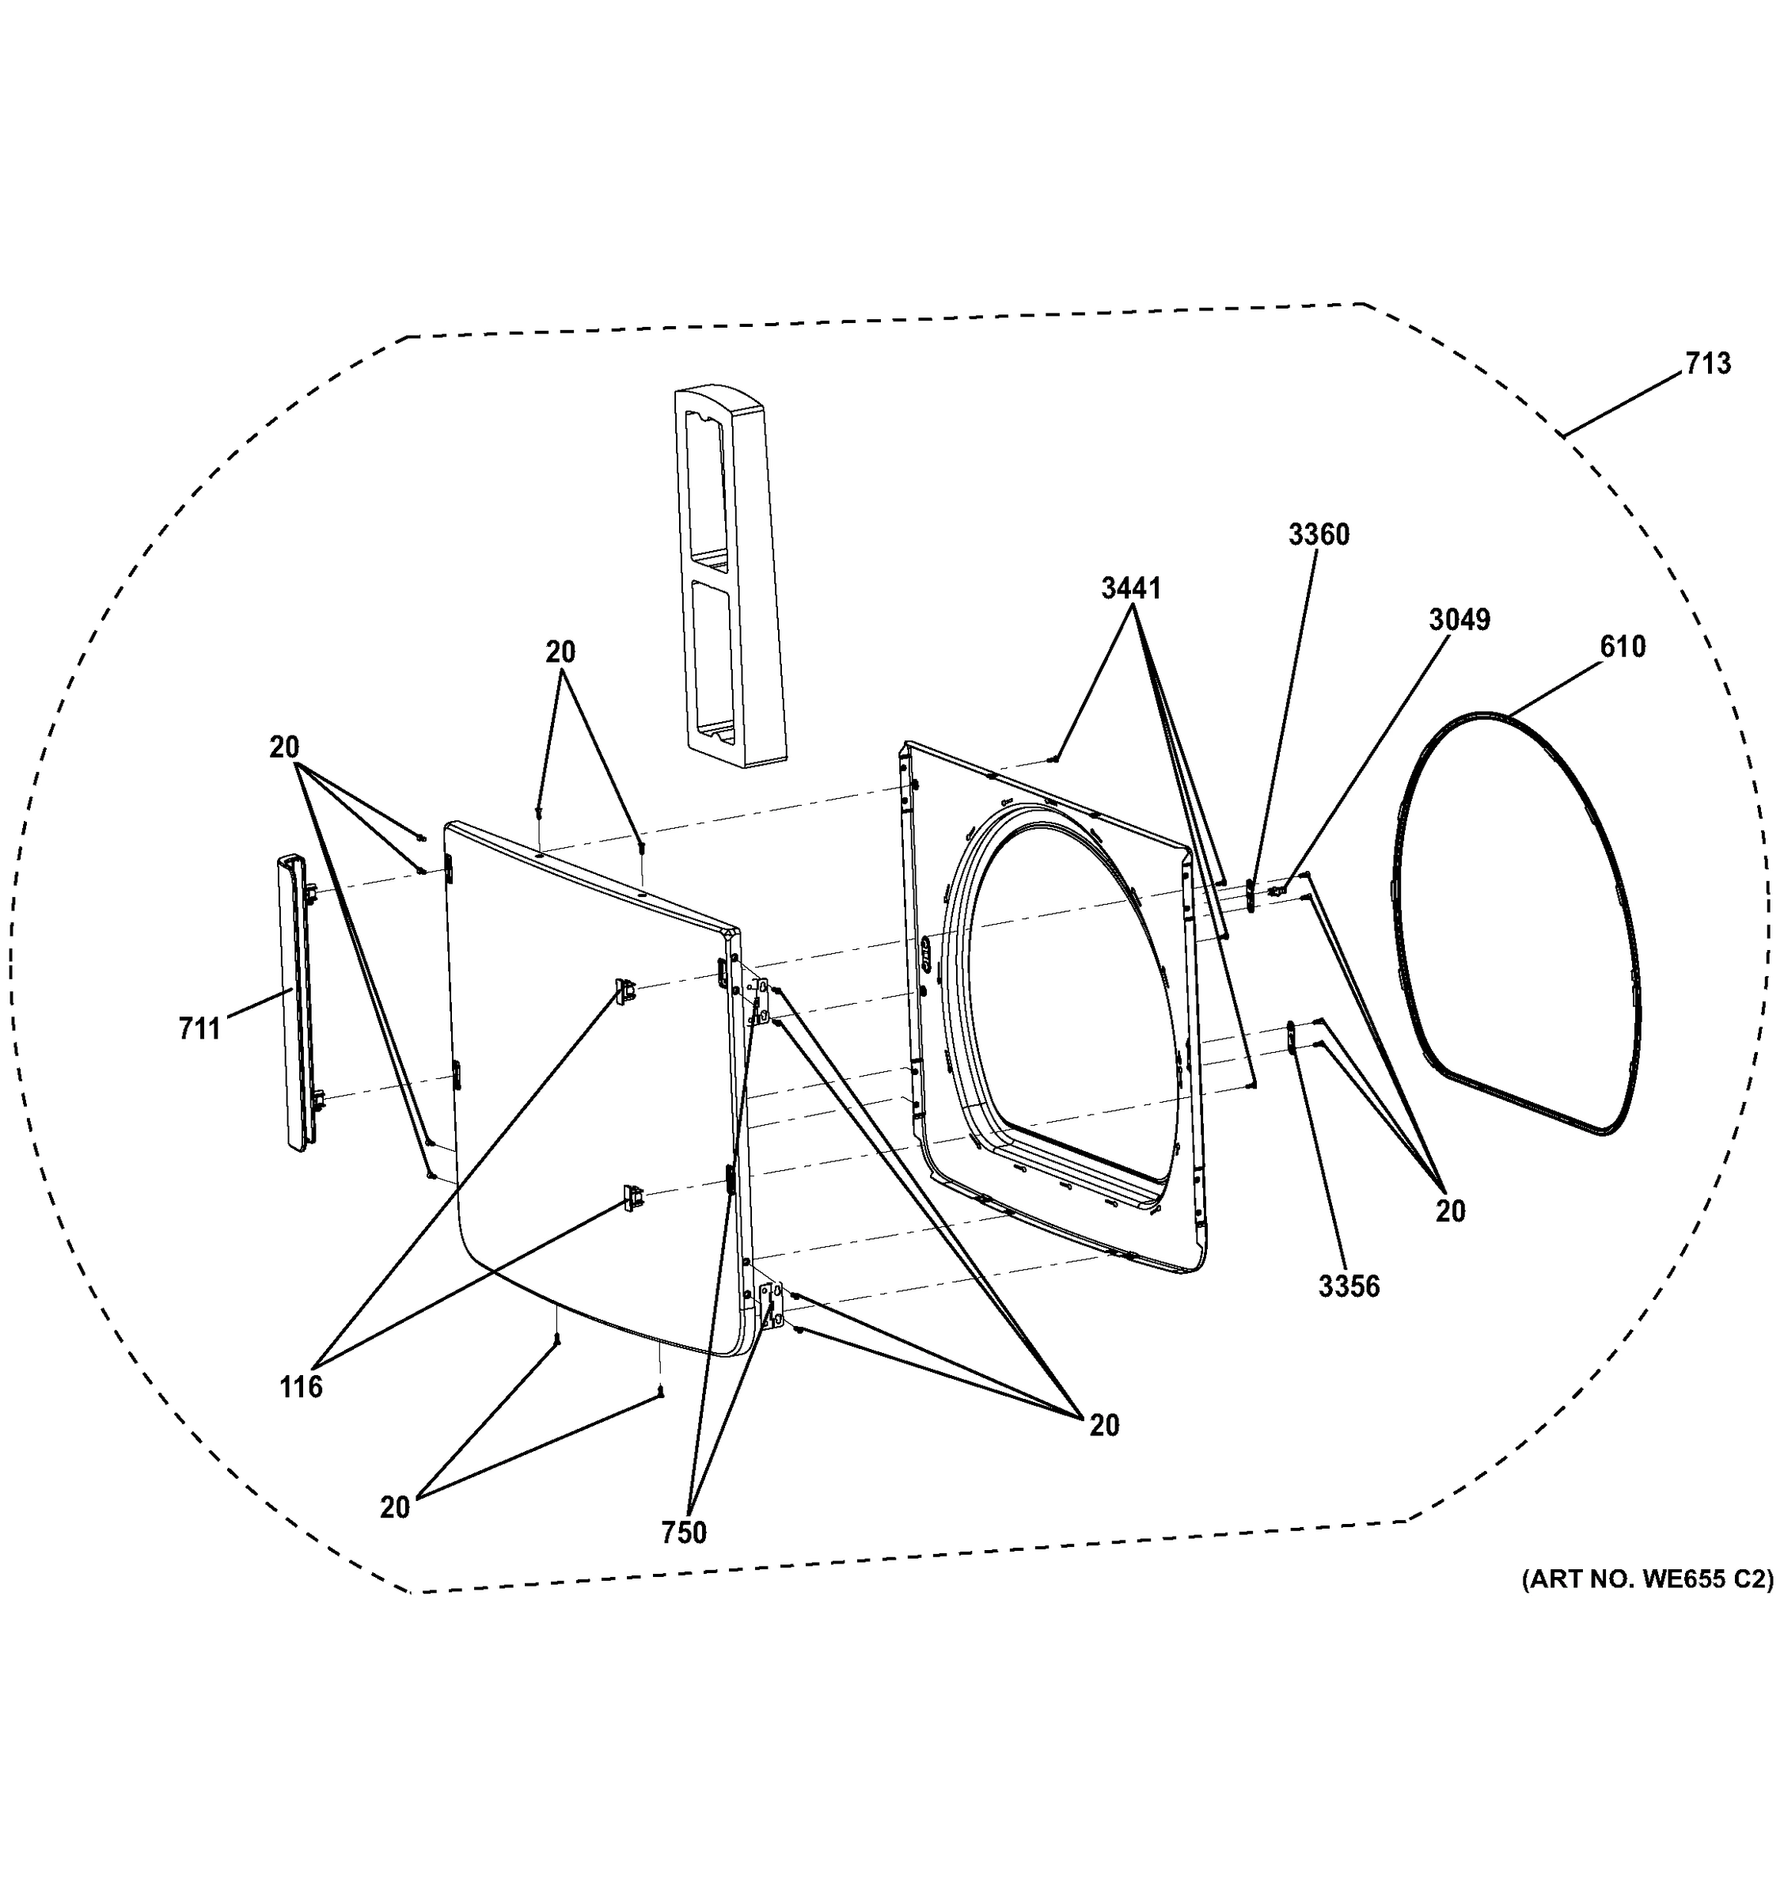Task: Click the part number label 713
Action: tap(1707, 364)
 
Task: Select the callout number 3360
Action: tap(1319, 535)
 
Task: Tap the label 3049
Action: tap(1459, 621)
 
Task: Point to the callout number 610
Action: tap(1623, 647)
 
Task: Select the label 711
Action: tap(199, 1029)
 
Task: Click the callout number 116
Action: tap(301, 1387)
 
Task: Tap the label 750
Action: tap(684, 1532)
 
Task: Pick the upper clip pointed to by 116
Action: tap(627, 991)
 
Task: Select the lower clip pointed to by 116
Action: tap(632, 1196)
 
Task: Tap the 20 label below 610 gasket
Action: tap(1449, 1212)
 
